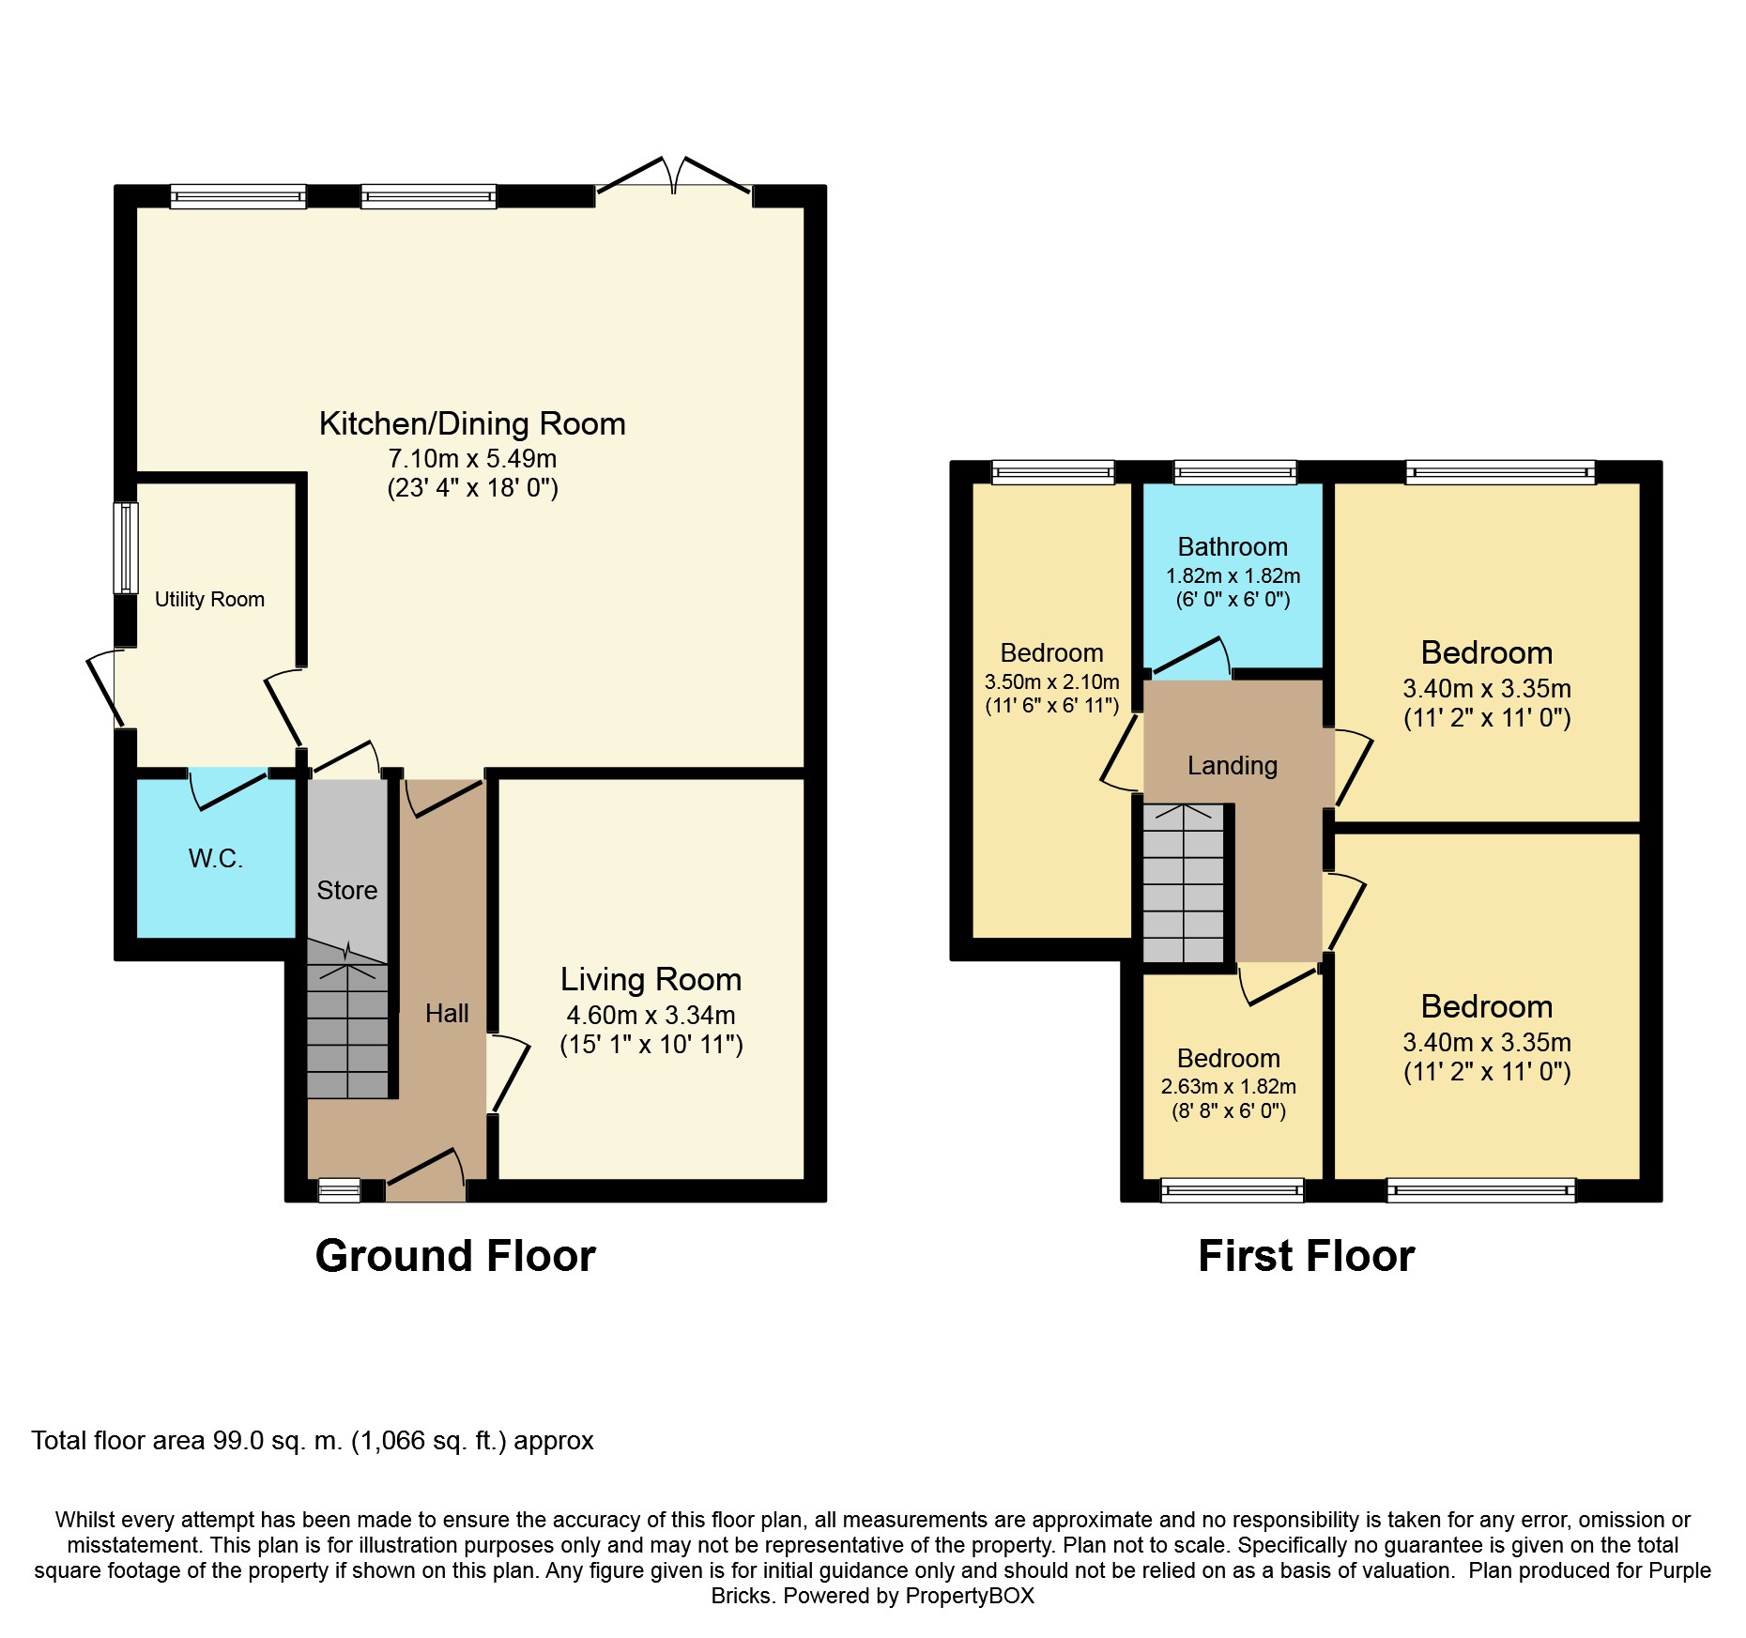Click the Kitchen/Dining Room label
[x=472, y=424]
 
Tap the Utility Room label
[x=209, y=599]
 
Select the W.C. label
[x=216, y=858]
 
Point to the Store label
[x=347, y=890]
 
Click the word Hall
[x=447, y=1014]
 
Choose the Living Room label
[x=651, y=979]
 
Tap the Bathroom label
[x=1233, y=546]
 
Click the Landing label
[x=1233, y=766]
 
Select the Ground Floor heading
[x=455, y=1256]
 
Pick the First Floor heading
[x=1306, y=1256]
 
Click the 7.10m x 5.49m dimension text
[x=472, y=459]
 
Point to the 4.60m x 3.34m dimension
[x=651, y=1016]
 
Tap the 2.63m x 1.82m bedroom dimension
[x=1228, y=1087]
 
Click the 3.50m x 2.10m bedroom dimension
[x=1051, y=682]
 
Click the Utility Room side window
[x=126, y=548]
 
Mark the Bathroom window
[x=1234, y=472]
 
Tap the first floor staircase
[x=1184, y=883]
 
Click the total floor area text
[x=313, y=1441]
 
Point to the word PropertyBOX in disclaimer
[x=970, y=1596]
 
